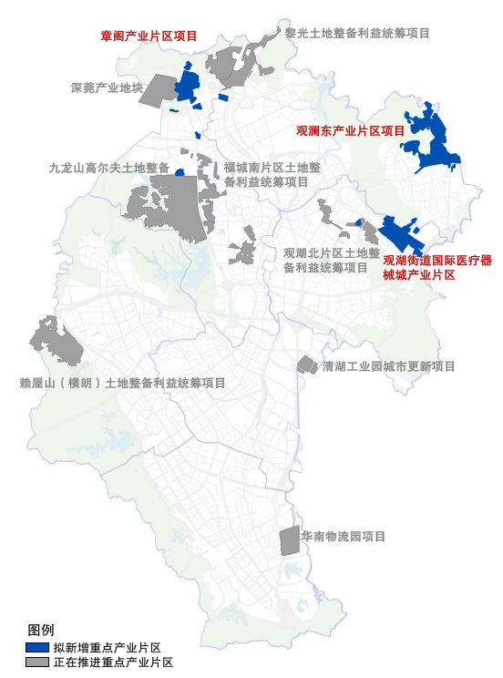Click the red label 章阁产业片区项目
click(149, 36)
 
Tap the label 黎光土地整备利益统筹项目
click(357, 33)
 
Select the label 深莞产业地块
click(107, 88)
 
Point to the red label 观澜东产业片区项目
click(351, 131)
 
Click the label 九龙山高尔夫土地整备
click(109, 168)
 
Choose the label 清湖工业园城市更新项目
click(388, 366)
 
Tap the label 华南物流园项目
click(346, 537)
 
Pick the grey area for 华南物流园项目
click(289, 540)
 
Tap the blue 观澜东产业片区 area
click(432, 141)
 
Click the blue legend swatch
click(38, 646)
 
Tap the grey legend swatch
click(38, 662)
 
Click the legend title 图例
click(41, 631)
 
